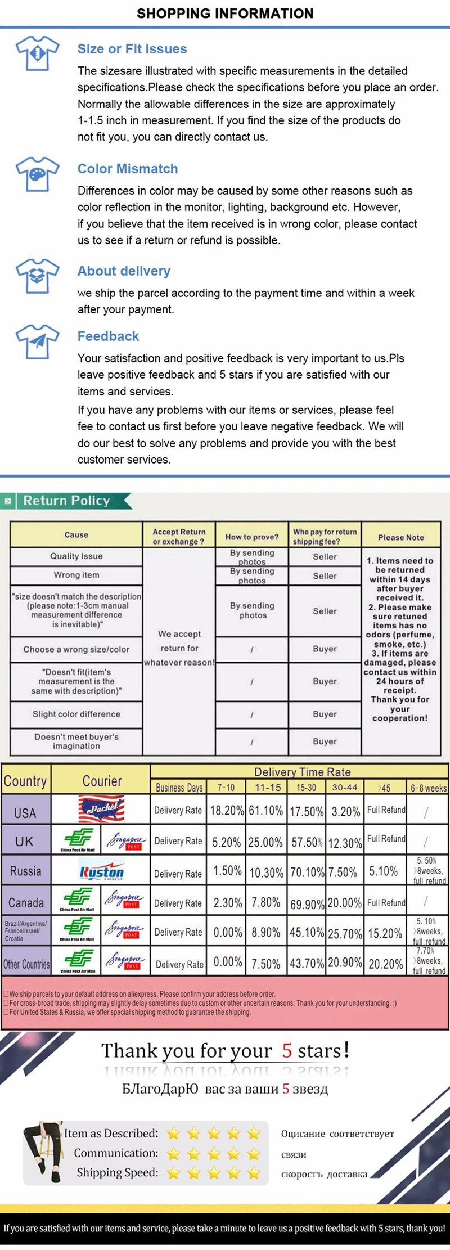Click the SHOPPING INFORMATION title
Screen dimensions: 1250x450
225,14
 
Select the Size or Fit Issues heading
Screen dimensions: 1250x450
132,49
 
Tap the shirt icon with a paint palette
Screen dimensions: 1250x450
37,174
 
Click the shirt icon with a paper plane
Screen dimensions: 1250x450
37,341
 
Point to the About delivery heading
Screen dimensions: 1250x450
124,271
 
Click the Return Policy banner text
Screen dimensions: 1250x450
66,501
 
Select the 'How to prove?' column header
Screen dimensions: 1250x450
252,537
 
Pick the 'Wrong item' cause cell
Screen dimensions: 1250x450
76,575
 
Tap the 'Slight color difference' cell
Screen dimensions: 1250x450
76,714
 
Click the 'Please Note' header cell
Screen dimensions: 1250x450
400,537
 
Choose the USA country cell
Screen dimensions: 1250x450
25,813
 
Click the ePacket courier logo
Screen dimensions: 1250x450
101,810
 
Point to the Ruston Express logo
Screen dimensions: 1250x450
101,871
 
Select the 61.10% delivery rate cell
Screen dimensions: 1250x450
265,811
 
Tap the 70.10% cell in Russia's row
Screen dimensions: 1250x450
307,873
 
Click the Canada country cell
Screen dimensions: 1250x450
26,902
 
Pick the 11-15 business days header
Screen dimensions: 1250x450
267,787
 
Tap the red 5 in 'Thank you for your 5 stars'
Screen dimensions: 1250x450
287,1050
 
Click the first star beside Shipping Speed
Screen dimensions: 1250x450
174,1173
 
